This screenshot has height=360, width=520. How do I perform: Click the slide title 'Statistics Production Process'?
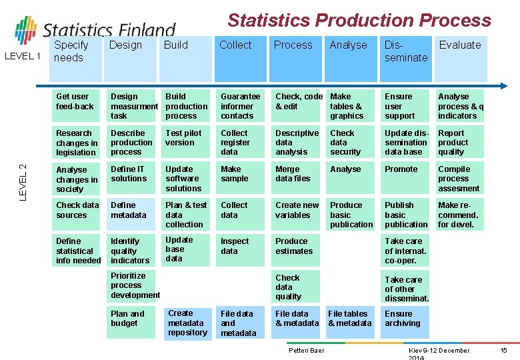tap(359, 20)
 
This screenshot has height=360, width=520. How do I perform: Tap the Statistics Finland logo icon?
tap(26, 31)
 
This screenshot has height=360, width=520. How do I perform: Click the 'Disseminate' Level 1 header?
tap(405, 52)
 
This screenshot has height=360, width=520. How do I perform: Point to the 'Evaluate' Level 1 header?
tap(459, 45)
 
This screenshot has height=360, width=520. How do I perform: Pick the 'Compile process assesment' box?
tap(459, 179)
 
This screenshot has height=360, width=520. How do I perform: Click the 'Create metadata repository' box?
tap(187, 323)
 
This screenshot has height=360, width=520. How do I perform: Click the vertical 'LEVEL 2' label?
tap(23, 181)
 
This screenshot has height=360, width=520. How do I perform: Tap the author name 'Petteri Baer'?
tap(306, 351)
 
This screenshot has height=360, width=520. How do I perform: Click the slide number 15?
tap(503, 351)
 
